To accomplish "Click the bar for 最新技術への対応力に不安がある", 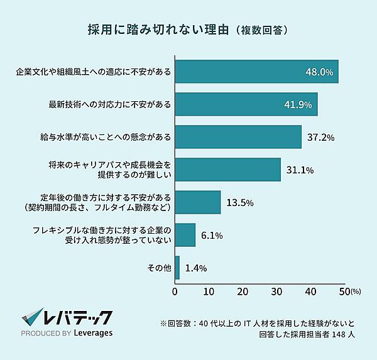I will click(246, 104).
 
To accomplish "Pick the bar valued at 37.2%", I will click(238, 136).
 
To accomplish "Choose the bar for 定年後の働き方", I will click(198, 202).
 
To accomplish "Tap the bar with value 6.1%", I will click(185, 235).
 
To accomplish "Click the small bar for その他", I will click(177, 268).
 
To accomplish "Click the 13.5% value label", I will click(240, 202).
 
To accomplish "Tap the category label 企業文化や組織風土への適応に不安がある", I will click(94, 72).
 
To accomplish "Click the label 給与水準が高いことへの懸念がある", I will click(105, 136).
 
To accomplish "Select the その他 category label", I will click(158, 268).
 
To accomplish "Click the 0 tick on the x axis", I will click(175, 292).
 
